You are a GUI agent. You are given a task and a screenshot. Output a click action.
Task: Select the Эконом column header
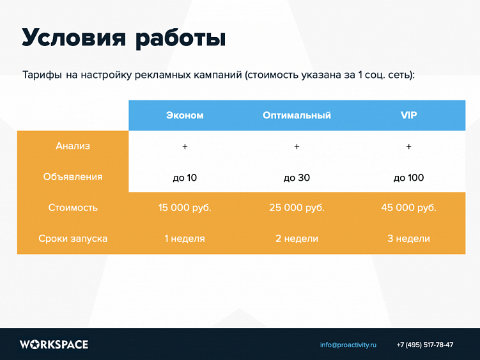click(185, 116)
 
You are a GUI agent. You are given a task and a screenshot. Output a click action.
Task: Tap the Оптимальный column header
click(297, 116)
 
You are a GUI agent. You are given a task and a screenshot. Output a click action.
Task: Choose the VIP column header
click(408, 116)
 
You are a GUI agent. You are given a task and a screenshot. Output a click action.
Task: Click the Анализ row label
click(73, 146)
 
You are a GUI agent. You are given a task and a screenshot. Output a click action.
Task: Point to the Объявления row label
click(73, 177)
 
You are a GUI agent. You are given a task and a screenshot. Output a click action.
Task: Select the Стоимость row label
click(73, 208)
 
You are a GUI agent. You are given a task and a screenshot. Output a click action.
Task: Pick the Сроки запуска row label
click(73, 239)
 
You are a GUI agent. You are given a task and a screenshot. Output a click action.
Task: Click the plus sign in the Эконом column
click(185, 147)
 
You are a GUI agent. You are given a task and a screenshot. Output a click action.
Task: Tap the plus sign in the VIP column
click(408, 147)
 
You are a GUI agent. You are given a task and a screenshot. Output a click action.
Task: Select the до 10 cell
click(185, 178)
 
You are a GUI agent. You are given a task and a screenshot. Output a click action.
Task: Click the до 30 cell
click(297, 178)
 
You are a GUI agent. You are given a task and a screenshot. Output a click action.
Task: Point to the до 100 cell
click(408, 178)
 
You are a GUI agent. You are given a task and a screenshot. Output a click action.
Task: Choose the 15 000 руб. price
click(185, 208)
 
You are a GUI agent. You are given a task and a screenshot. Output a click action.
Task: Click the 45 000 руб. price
click(408, 208)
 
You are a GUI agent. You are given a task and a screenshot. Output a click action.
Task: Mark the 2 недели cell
click(297, 239)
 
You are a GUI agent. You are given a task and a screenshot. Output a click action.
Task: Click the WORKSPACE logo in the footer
click(54, 345)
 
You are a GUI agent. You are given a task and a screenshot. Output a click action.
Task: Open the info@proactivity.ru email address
click(348, 345)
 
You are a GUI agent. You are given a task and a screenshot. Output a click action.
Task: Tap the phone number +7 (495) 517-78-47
click(425, 345)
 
